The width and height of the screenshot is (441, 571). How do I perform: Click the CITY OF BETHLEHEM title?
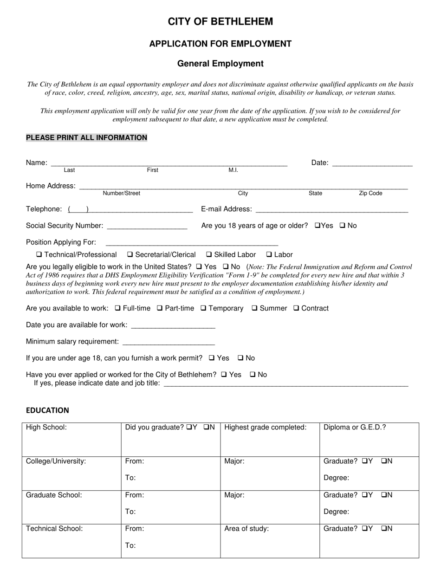220,21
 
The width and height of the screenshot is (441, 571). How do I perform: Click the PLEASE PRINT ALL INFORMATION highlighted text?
86,137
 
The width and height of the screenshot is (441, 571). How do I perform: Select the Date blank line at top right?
372,163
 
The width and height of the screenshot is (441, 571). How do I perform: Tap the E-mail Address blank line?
331,210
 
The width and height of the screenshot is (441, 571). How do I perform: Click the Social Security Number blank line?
147,227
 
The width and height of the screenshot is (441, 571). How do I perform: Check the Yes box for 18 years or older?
318,226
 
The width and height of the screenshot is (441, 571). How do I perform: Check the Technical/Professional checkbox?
39,254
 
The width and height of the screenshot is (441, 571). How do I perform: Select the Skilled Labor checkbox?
209,254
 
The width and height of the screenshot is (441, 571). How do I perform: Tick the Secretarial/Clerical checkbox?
130,254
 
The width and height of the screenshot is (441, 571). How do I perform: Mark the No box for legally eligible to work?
226,267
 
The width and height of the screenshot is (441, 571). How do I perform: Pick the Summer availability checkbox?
254,308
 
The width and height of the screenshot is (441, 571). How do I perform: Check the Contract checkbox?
296,308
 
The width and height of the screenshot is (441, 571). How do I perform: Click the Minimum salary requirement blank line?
168,343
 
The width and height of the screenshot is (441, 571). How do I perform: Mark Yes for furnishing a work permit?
212,358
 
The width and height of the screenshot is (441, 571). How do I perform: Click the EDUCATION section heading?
47,410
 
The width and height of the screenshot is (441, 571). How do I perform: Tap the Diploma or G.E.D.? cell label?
355,427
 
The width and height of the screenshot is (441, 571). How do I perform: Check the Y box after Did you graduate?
189,427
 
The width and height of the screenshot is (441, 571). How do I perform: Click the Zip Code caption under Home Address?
370,193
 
